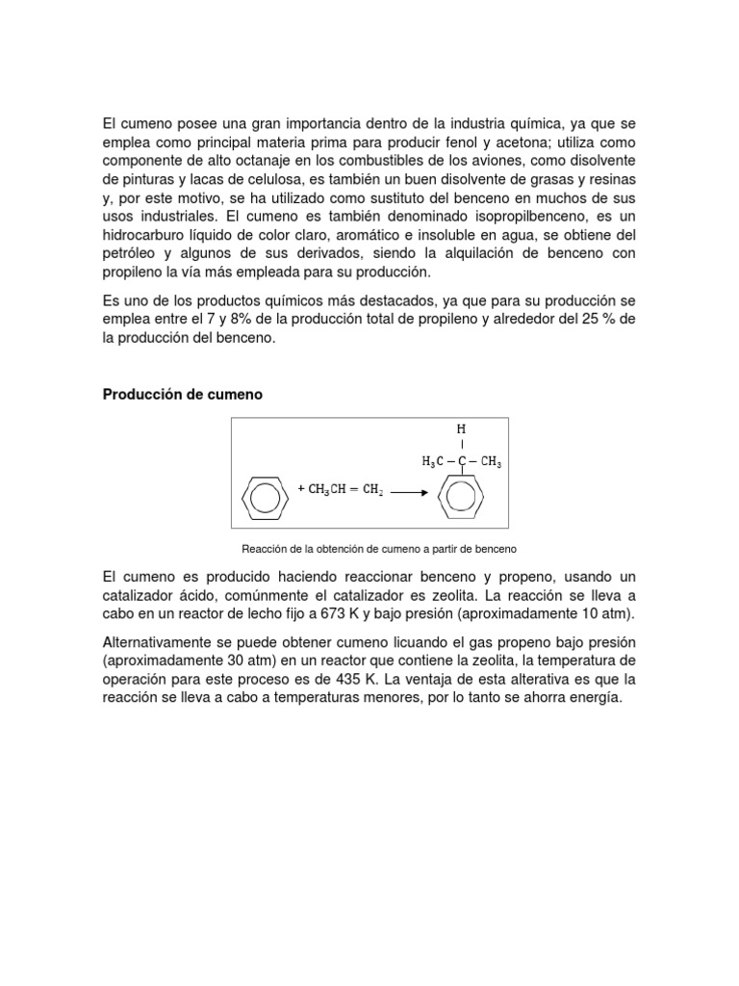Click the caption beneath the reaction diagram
coord(380,549)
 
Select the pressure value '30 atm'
coord(238,661)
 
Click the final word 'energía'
coord(596,698)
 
